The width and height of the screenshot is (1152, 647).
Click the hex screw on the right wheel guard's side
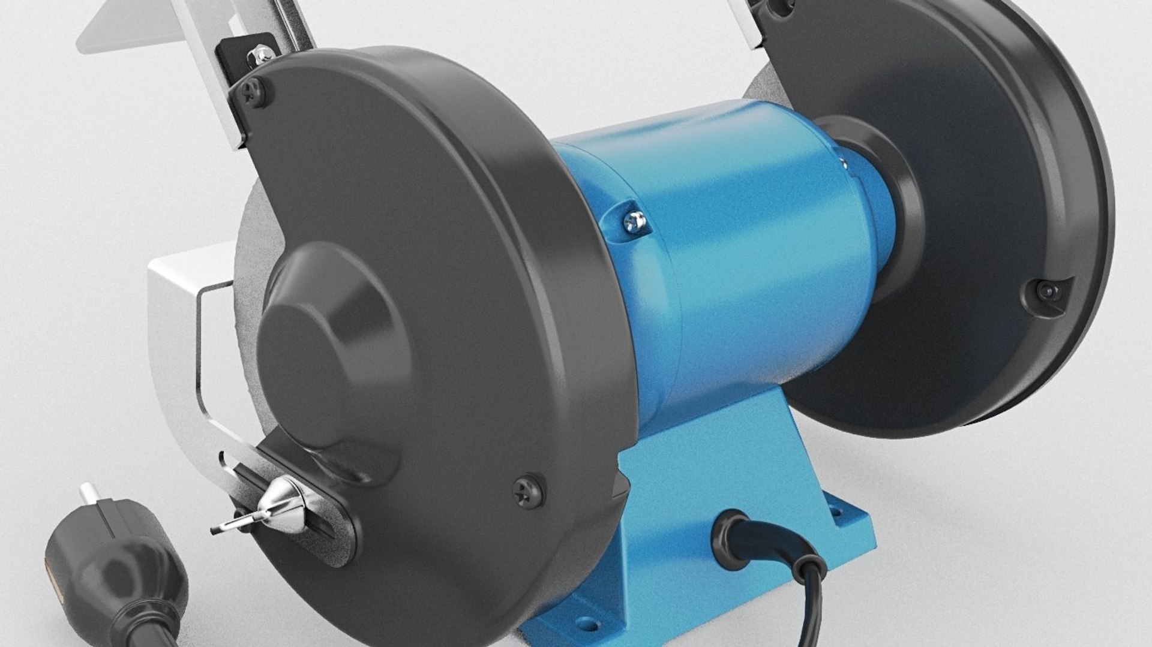tap(1048, 292)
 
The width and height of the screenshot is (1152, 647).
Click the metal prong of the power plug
tap(89, 496)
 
